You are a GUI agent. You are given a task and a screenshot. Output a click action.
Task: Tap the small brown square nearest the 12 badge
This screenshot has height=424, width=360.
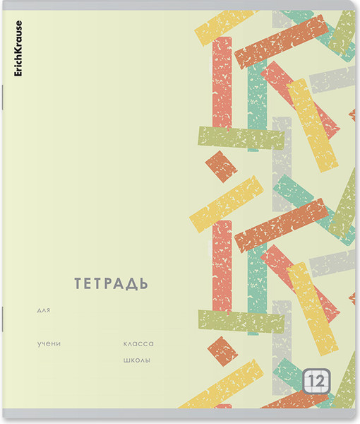click(224, 351)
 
